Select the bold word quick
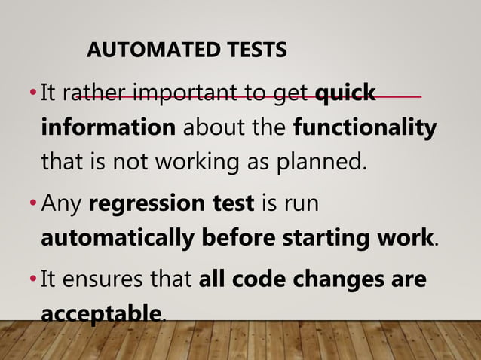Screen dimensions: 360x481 pyautogui.click(x=345, y=94)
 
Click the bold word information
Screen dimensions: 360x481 pyautogui.click(x=107, y=127)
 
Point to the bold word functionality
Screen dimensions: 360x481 pyautogui.click(x=364, y=127)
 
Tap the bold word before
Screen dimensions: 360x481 pyautogui.click(x=241, y=237)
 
